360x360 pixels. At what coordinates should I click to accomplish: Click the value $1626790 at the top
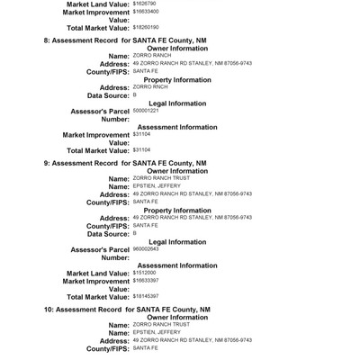pos(146,4)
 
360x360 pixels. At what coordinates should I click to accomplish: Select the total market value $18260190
pos(148,28)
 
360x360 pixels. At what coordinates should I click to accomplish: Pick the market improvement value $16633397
pos(148,281)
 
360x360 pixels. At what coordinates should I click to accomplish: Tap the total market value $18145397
pos(148,296)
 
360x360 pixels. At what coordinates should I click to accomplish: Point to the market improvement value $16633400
pos(148,13)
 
